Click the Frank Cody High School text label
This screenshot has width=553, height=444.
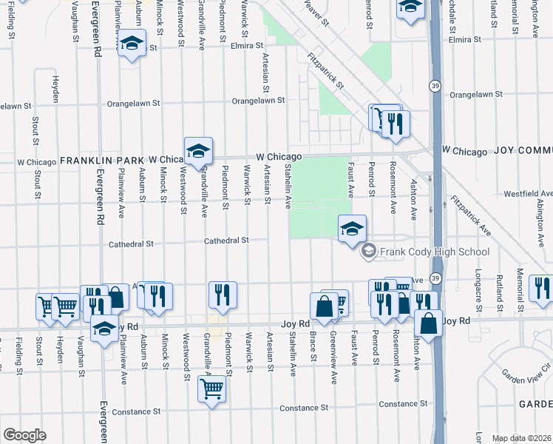(x=435, y=252)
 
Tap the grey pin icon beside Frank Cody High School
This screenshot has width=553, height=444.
(x=368, y=252)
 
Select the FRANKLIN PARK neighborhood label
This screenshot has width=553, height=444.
(x=103, y=160)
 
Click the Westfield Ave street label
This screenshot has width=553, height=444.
(x=527, y=193)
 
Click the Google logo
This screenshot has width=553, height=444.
(x=24, y=435)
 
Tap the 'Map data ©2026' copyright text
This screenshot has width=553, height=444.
(x=521, y=438)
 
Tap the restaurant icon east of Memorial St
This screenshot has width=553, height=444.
(x=543, y=290)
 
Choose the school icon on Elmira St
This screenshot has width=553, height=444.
(x=131, y=46)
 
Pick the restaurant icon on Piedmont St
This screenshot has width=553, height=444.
(x=222, y=295)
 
